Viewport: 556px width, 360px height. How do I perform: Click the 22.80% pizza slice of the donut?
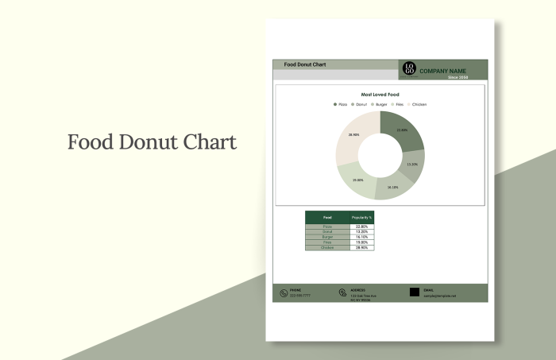(400, 130)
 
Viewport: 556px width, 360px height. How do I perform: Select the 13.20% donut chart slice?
(411, 165)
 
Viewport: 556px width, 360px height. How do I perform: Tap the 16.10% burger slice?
(392, 188)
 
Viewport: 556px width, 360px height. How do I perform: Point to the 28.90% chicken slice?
(354, 135)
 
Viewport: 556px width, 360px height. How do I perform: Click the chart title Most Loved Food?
(380, 95)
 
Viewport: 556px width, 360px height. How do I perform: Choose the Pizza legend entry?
(341, 104)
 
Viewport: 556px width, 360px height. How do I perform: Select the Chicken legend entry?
(418, 104)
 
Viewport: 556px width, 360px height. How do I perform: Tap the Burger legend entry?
(380, 104)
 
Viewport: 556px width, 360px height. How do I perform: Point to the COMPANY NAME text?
(442, 71)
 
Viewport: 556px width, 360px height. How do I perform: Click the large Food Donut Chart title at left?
(152, 142)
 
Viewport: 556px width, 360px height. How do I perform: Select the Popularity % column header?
(361, 217)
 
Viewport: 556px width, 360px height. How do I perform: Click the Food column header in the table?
(328, 217)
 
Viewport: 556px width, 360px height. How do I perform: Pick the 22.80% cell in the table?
(361, 226)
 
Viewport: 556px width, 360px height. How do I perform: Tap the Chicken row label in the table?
(328, 248)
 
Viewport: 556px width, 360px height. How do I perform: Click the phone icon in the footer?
(283, 293)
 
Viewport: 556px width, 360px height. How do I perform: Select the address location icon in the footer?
(342, 293)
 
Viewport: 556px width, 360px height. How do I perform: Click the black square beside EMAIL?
(415, 292)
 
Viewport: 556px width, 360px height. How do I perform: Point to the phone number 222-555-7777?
(300, 296)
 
